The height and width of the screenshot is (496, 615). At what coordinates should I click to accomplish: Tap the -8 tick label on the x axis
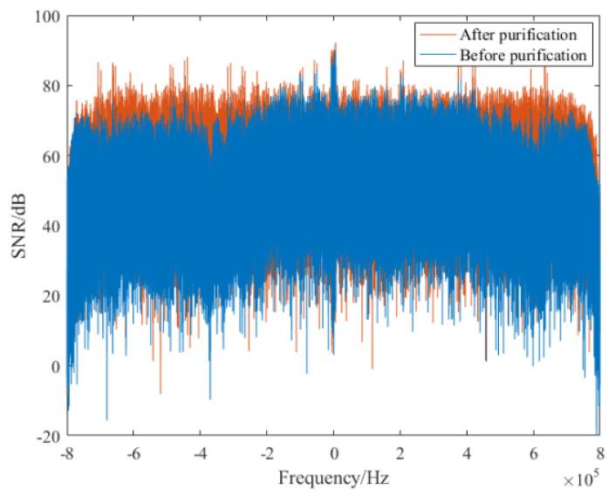66,453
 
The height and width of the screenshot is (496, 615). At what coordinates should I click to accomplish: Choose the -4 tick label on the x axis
199,453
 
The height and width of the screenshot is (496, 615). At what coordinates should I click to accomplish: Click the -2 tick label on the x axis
265,453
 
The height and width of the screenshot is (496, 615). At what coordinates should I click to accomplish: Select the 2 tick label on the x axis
400,453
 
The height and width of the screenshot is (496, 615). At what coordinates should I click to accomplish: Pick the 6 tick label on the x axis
534,453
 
